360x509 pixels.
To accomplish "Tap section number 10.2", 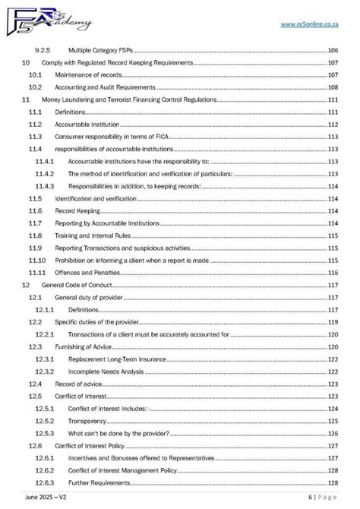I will (x=35, y=87).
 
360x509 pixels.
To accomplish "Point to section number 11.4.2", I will (x=44, y=173).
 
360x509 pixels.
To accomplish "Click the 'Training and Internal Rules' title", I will (x=90, y=236).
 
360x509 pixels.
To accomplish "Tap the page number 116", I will (x=333, y=272).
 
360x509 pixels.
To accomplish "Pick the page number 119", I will (x=333, y=322).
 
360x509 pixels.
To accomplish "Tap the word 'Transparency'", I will (x=88, y=420).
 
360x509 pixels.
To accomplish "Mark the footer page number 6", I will (x=311, y=496).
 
